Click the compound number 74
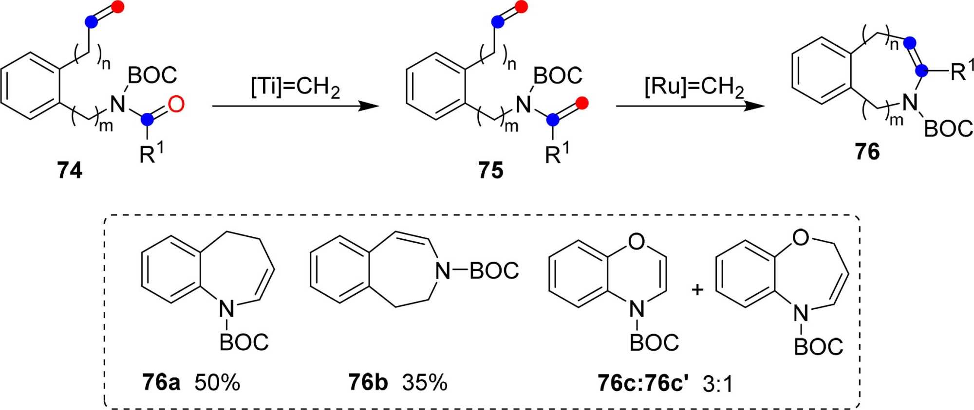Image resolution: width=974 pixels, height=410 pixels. pos(69,170)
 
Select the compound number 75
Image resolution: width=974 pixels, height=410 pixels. pos(490,170)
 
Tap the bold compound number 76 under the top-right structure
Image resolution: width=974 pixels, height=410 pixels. pos(867,152)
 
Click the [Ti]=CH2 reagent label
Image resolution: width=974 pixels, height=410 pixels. pos(295,88)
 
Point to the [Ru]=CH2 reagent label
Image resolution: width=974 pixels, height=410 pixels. pos(694,88)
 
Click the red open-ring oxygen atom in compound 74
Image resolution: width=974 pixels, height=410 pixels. pos(176,104)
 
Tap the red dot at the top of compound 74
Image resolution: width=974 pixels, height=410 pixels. pos(117,7)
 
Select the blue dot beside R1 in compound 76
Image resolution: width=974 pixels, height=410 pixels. pos(920,71)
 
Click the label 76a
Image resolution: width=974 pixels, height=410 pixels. pos(161,382)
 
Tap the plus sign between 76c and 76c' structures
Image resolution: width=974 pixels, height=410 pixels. pos(697,290)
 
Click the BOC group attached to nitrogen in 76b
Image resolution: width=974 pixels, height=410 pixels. pos(494,271)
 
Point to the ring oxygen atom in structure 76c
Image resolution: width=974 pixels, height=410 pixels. pos(637,241)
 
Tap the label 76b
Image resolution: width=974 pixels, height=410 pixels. pos(368,382)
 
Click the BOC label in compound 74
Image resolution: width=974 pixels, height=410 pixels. pos(152,75)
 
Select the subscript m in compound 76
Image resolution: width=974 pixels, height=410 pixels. pos(896,120)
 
